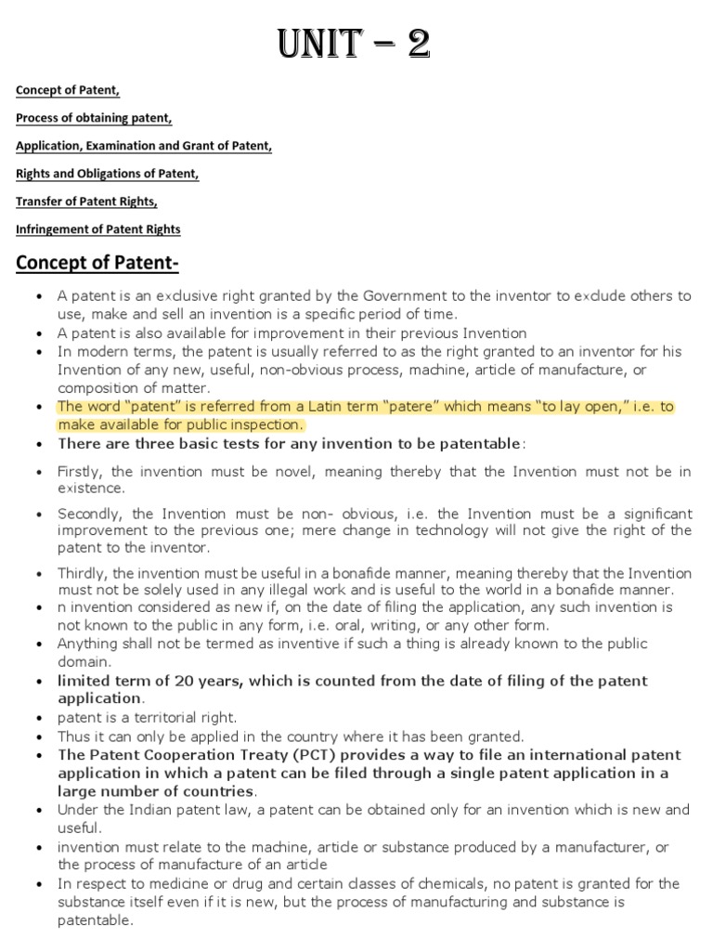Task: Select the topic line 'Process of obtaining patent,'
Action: (x=94, y=118)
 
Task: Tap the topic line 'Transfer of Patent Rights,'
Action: (x=86, y=202)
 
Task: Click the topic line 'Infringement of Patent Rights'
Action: (x=98, y=228)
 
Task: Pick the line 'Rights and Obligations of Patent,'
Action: (x=108, y=174)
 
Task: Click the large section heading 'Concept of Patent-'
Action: (x=97, y=264)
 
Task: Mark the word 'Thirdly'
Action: (x=82, y=573)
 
